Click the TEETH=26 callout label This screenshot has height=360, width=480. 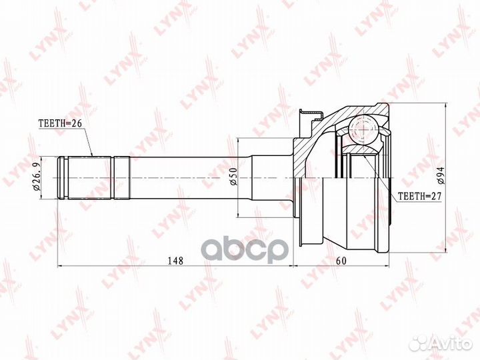60,123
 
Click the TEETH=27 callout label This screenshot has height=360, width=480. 419,196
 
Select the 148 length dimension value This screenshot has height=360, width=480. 175,261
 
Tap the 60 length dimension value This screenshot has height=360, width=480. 341,261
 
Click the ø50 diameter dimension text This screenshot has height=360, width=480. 233,177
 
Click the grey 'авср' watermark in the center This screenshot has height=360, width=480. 245,251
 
